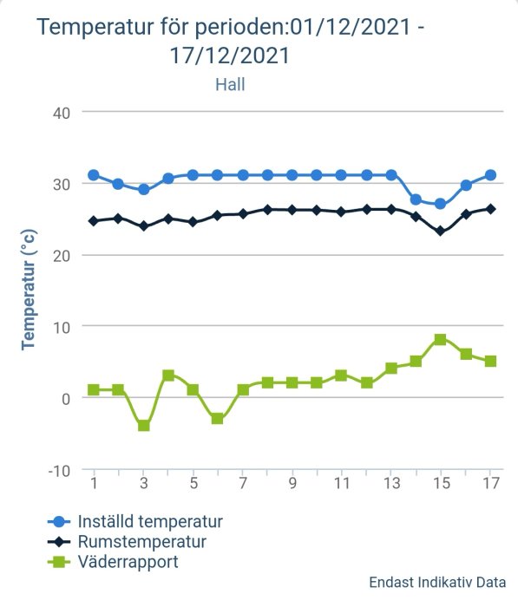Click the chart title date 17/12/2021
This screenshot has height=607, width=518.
(x=231, y=55)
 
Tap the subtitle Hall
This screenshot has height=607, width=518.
(x=231, y=84)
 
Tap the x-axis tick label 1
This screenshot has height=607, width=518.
(x=94, y=483)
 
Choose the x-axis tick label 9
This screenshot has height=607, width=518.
(x=292, y=483)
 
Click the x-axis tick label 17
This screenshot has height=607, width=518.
(x=490, y=483)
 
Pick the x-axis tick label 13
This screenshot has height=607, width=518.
(x=391, y=483)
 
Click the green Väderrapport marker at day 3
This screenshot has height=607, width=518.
(x=143, y=426)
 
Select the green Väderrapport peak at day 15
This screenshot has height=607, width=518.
(x=441, y=340)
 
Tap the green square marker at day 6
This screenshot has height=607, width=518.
(x=218, y=419)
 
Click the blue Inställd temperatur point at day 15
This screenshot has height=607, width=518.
(x=441, y=204)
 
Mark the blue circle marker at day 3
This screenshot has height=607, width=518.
(x=143, y=189)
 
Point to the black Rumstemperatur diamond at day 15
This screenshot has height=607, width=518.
(x=441, y=232)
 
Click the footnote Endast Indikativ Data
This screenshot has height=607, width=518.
(x=436, y=583)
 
